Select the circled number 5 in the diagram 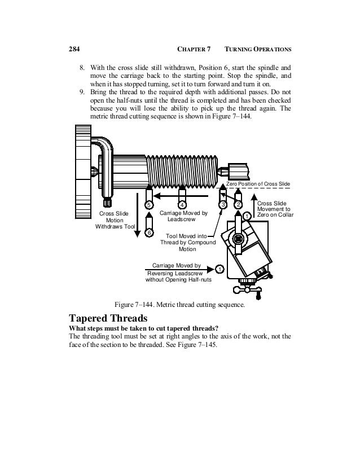[149, 204]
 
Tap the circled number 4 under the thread [182, 204]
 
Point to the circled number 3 [223, 204]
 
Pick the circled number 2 [239, 204]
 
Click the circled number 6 [149, 232]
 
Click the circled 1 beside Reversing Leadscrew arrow [219, 269]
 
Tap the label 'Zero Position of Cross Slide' [258, 184]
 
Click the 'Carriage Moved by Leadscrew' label [183, 217]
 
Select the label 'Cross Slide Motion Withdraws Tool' [115, 221]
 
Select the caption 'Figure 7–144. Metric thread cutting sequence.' [179, 305]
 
